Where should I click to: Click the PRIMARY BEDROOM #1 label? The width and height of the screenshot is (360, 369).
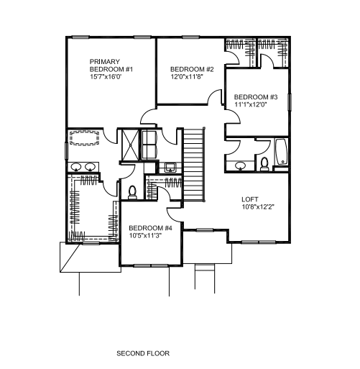(x=111, y=65)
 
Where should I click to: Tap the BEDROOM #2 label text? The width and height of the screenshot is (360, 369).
(x=192, y=69)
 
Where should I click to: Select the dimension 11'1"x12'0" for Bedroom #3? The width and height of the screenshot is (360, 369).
(x=251, y=104)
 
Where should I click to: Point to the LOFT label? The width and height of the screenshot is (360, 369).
(x=250, y=199)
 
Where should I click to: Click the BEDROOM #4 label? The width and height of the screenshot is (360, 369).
(x=150, y=228)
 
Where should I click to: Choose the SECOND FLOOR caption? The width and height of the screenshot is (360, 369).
(x=143, y=353)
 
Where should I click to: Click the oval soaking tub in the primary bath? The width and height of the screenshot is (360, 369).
(x=84, y=137)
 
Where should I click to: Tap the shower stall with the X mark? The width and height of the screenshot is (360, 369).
(x=130, y=145)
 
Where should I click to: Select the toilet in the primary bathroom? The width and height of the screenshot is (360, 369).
(x=132, y=193)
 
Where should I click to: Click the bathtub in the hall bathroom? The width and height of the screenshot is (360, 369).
(x=281, y=152)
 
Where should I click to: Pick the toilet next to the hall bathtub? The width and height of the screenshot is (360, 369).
(x=264, y=164)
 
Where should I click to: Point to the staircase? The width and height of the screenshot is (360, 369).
(x=193, y=165)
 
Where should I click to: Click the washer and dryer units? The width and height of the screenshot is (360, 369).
(x=149, y=145)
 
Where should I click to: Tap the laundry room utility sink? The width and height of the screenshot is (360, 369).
(x=170, y=167)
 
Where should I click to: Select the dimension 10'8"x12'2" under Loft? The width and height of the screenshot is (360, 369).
(x=258, y=207)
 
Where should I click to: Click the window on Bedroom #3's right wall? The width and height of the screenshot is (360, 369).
(x=290, y=102)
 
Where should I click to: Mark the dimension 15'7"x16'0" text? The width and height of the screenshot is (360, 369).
(x=106, y=77)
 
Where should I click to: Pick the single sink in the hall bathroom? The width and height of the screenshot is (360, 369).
(x=240, y=165)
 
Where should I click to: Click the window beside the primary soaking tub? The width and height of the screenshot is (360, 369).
(x=66, y=150)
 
